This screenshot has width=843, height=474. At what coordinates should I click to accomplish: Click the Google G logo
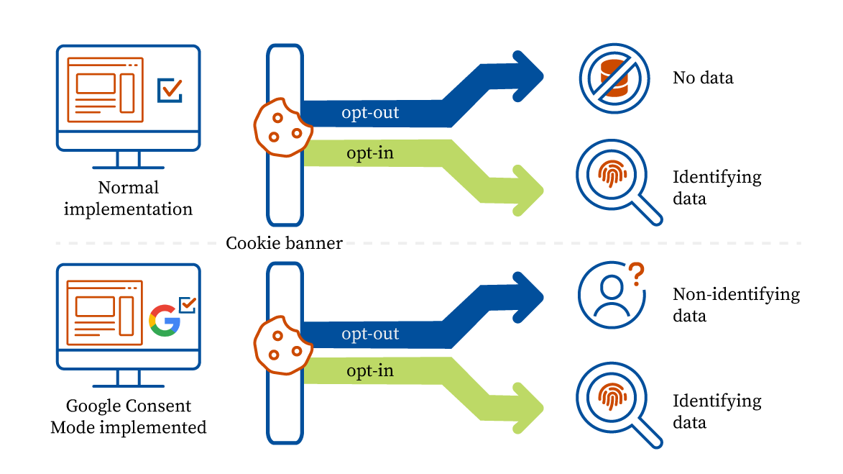165,321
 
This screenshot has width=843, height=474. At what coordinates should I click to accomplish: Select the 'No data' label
703,78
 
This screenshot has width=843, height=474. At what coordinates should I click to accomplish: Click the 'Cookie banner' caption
284,243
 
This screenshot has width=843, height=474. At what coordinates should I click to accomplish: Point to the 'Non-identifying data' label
735,304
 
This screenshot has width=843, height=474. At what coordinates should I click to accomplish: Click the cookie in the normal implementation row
282,127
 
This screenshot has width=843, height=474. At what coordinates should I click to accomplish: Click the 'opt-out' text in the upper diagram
370,113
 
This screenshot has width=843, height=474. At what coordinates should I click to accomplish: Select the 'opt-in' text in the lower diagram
370,371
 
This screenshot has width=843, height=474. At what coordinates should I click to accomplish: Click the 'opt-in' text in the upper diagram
370,152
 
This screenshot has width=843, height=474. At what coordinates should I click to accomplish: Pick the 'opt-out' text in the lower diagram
370,334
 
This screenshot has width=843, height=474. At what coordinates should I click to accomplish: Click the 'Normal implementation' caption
129,199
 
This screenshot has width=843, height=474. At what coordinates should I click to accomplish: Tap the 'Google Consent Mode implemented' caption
129,416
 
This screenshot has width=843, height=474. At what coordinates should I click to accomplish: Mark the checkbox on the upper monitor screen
170,90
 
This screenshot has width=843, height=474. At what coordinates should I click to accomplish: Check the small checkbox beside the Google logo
188,304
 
